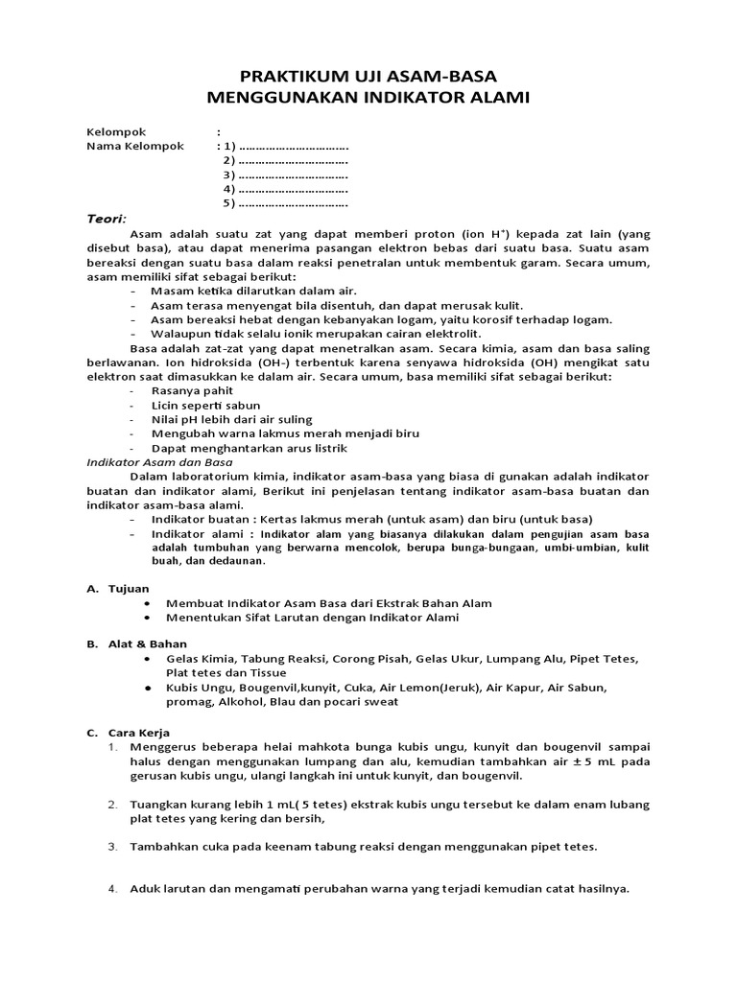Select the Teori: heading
(x=107, y=219)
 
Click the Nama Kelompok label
(x=130, y=147)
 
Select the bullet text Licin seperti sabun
(x=205, y=405)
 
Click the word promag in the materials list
(x=188, y=701)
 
